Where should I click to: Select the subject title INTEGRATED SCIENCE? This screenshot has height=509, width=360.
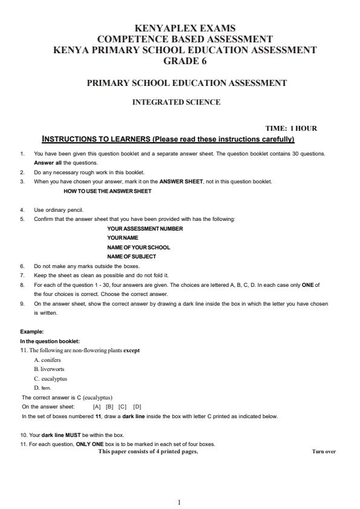click(x=176, y=102)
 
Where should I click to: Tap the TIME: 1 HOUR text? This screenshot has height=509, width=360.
click(x=291, y=128)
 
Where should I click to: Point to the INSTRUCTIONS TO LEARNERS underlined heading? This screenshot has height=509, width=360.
click(x=168, y=139)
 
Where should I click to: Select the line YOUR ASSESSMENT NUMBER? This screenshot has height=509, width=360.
click(x=145, y=229)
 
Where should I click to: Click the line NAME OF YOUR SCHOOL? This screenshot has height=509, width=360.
click(x=139, y=248)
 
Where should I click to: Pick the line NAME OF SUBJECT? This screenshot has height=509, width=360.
click(x=131, y=257)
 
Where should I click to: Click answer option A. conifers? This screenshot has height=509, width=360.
click(x=47, y=360)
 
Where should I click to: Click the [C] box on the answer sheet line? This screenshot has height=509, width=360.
click(x=122, y=407)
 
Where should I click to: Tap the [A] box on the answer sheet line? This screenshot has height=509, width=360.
click(x=97, y=407)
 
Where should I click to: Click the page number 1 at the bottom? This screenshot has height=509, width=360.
click(x=180, y=502)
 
